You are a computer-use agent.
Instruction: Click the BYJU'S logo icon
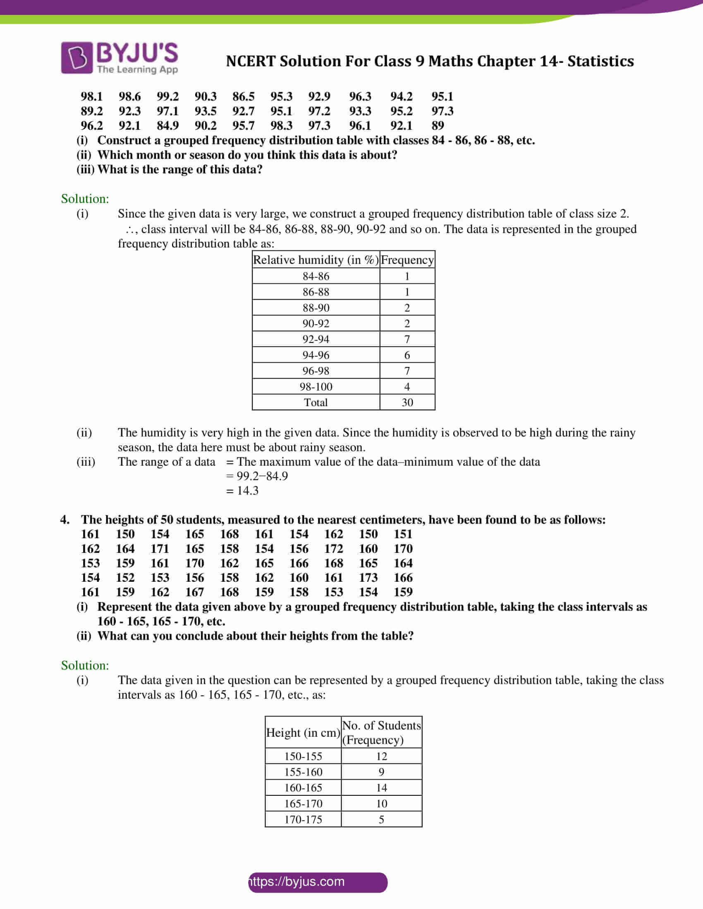point(77,58)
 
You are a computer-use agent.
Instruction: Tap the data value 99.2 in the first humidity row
point(167,97)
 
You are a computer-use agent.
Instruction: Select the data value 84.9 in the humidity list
point(167,126)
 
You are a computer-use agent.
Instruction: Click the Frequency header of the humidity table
point(407,260)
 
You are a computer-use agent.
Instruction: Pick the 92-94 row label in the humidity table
point(316,339)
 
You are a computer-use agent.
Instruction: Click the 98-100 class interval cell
point(316,387)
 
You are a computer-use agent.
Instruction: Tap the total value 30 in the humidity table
point(407,402)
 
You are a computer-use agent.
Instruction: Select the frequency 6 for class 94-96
point(407,355)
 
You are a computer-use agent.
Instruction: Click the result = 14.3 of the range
point(242,491)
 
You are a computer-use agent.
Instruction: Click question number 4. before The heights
point(65,520)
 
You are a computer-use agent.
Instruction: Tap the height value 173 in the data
point(368,578)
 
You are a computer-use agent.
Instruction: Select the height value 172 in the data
point(334,549)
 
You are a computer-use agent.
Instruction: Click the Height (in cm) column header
point(303,733)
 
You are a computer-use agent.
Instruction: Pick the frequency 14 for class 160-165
point(381,788)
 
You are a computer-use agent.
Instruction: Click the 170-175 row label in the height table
point(303,819)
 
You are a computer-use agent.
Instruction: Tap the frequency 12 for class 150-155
point(381,756)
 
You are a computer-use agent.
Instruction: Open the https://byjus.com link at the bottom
point(297,882)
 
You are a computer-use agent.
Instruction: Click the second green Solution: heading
point(85,666)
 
